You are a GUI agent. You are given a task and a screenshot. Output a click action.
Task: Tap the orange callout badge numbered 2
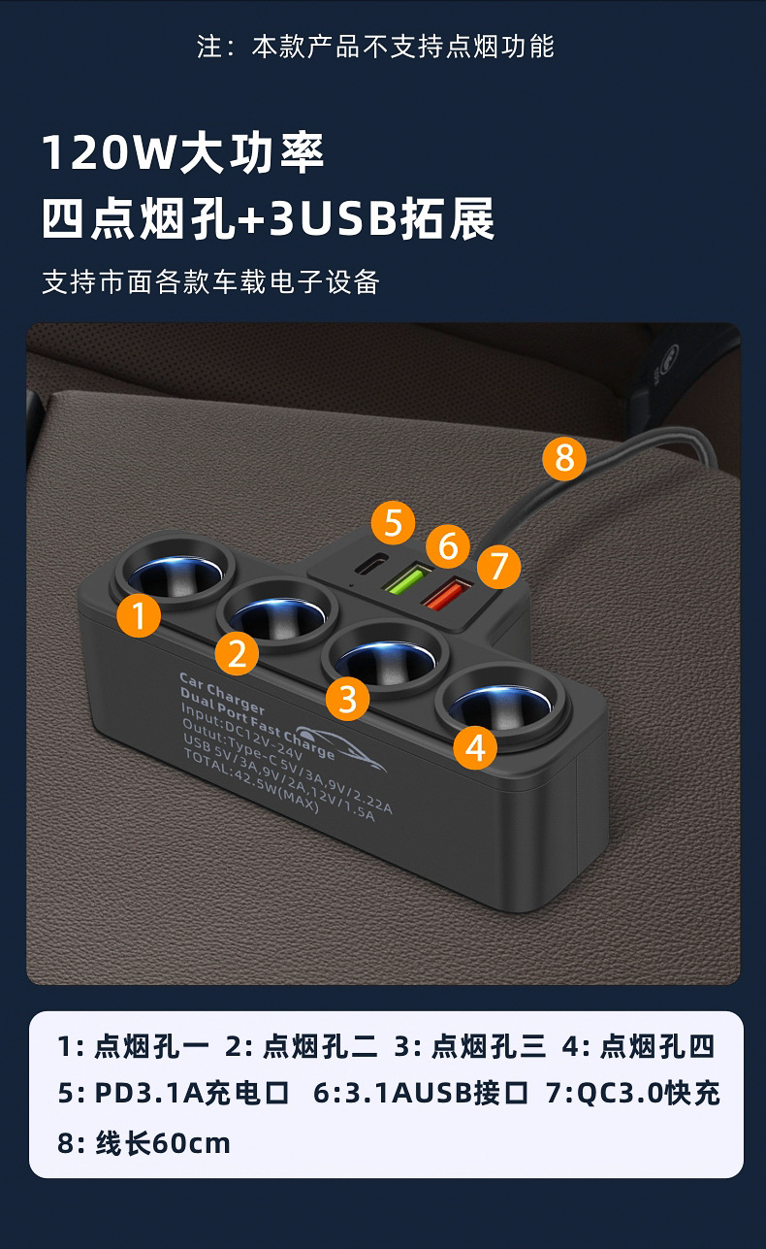(238, 655)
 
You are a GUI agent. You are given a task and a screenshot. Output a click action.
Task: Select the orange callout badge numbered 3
(347, 699)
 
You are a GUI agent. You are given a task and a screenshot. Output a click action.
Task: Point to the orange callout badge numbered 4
(474, 747)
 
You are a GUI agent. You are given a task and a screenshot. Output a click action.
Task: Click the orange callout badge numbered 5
(392, 522)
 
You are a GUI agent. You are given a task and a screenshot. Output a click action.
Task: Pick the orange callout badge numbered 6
(447, 546)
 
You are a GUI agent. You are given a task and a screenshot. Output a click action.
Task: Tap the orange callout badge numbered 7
(498, 566)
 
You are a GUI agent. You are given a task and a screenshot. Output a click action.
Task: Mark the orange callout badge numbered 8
(564, 457)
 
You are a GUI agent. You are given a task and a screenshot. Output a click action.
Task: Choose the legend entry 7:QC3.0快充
(632, 1094)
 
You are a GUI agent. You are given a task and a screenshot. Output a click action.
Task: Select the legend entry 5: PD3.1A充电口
(174, 1094)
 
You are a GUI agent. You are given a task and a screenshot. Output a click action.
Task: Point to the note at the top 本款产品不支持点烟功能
(402, 47)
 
